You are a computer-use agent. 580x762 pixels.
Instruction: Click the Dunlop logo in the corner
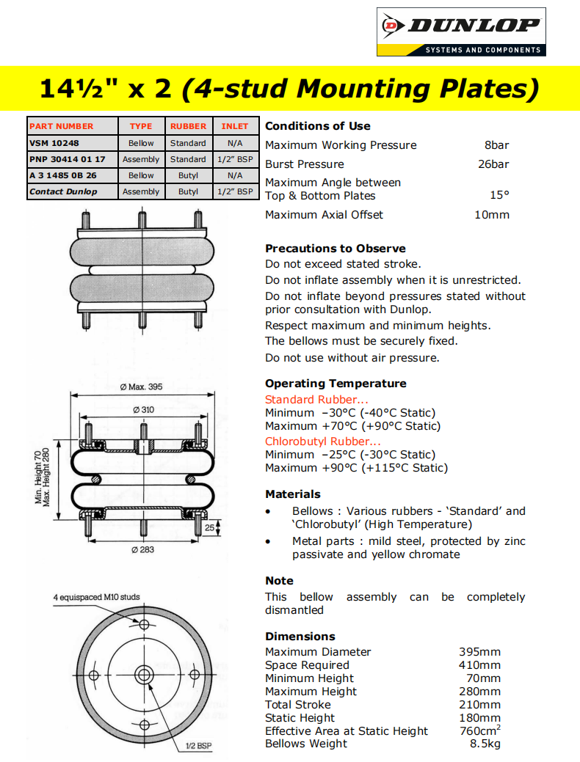(461, 32)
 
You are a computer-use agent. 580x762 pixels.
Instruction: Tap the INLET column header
(235, 126)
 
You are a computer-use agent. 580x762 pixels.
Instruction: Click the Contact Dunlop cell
(62, 191)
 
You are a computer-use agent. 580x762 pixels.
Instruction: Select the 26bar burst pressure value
(493, 164)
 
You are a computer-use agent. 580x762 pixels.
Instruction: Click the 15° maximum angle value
(499, 196)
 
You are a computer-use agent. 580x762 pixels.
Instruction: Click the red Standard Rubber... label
(316, 400)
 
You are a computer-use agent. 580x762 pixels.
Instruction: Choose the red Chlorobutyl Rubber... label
(323, 442)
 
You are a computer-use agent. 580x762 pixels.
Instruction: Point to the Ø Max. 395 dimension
(142, 387)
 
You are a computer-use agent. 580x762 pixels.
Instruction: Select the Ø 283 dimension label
(142, 550)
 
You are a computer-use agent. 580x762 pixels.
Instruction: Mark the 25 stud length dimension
(210, 527)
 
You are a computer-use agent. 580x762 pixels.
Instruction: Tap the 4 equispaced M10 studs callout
(96, 597)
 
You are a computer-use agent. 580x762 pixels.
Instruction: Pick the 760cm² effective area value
(479, 731)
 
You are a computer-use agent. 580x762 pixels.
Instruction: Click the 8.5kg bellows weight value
(485, 744)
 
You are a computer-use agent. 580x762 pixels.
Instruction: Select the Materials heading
(293, 494)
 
